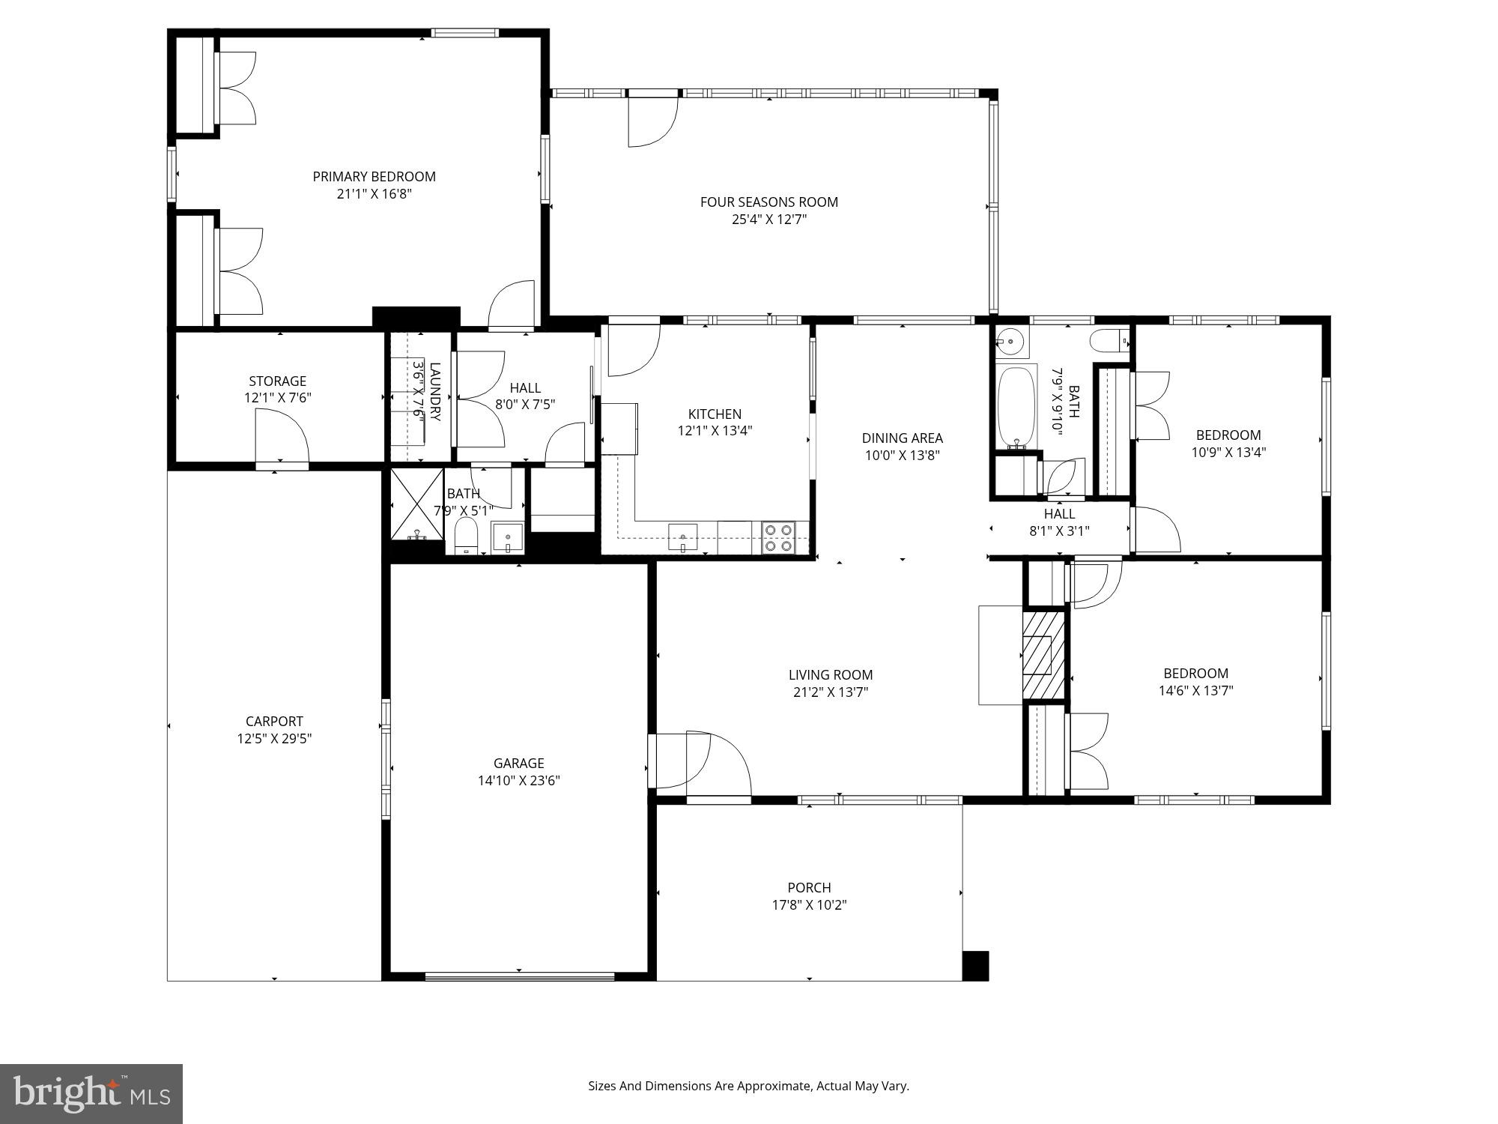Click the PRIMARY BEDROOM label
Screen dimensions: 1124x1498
tap(374, 177)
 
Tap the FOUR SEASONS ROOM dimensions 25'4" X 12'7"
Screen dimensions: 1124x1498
tap(768, 220)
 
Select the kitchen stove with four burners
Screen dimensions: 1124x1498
tap(778, 538)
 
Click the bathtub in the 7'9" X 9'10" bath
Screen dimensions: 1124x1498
tap(1016, 408)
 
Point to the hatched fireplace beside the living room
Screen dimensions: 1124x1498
tap(1043, 655)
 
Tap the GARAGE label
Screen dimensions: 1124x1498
tap(518, 763)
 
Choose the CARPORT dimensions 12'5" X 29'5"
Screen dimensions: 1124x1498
tap(274, 739)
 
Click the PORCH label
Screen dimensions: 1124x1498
tap(809, 887)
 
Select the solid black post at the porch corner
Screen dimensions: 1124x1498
tap(975, 966)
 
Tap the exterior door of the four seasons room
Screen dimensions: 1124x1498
tap(652, 120)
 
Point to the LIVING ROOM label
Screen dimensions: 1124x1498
tap(830, 674)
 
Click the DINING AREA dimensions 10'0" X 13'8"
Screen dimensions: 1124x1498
tap(902, 455)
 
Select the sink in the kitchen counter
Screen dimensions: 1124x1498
tap(683, 537)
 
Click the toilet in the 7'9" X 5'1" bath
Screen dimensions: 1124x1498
tap(466, 536)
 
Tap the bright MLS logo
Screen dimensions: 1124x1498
tap(91, 1093)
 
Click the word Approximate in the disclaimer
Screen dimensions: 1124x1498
tap(773, 1086)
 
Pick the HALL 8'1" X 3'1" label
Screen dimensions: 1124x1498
tap(1059, 522)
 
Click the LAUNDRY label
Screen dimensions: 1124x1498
tap(435, 391)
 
